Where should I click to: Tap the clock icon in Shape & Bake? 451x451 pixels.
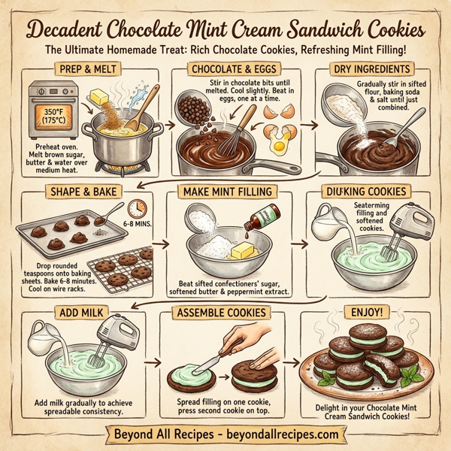136,208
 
